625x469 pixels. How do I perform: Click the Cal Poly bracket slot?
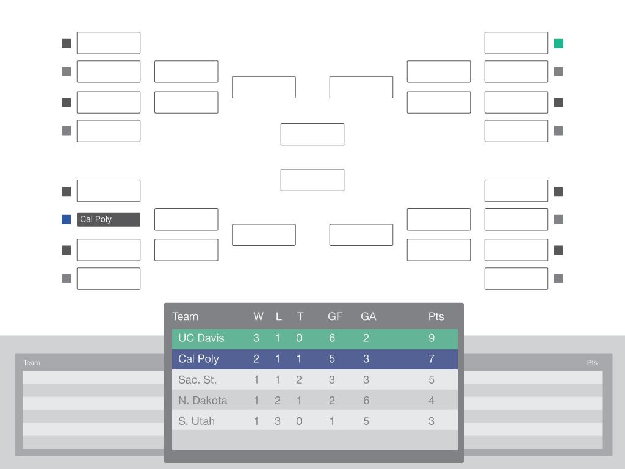109,219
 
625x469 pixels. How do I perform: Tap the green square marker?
558,43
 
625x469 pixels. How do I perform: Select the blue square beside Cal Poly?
66,219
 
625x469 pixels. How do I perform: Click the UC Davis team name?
201,338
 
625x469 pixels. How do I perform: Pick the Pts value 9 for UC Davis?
432,338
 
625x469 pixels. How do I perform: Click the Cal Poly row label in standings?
198,359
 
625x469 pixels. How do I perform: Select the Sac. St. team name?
197,380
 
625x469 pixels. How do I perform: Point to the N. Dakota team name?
203,401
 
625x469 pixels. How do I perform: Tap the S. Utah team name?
196,421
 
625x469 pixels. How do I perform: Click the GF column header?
335,317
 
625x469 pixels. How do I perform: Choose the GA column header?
368,317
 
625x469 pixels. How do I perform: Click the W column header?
258,317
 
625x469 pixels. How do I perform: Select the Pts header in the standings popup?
436,317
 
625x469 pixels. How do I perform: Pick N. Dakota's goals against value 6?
366,401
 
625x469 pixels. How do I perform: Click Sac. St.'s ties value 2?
299,380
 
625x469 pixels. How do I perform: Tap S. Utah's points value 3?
432,421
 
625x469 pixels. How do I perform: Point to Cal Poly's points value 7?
432,359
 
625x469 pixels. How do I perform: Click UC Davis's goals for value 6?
331,338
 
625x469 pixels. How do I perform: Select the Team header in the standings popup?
185,317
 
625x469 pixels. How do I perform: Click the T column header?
300,317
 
